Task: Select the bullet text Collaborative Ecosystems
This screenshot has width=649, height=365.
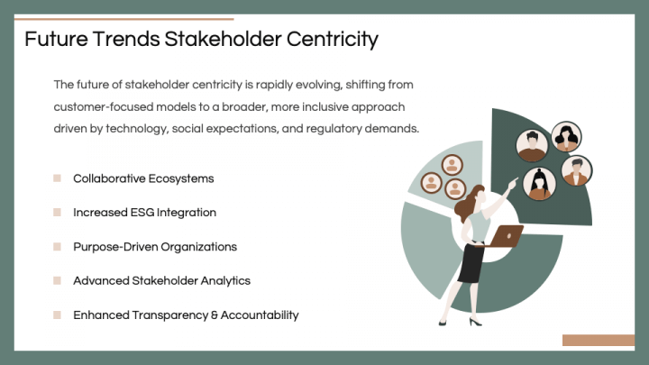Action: (143, 178)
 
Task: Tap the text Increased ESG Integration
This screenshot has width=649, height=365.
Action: (144, 213)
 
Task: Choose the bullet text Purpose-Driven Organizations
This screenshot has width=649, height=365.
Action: (155, 247)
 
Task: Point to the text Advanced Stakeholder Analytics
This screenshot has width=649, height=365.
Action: (161, 281)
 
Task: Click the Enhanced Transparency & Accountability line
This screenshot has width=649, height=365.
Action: (186, 315)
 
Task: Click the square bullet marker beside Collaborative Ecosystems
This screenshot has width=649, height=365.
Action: (57, 178)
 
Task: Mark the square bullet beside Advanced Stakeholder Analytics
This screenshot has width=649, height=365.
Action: (57, 281)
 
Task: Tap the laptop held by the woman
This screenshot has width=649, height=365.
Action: (507, 237)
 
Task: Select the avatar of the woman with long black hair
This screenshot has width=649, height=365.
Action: (566, 137)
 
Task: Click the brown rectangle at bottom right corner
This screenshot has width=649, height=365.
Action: (598, 340)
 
